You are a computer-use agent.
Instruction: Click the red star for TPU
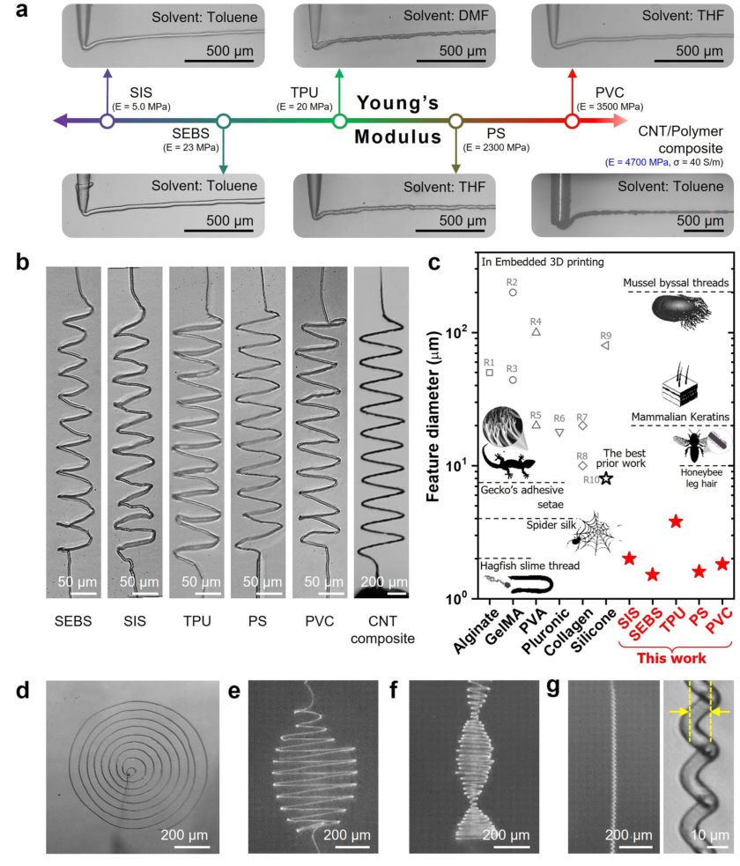(x=676, y=521)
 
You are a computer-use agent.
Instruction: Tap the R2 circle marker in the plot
(x=513, y=292)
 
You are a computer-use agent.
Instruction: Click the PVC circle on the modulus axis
(x=573, y=122)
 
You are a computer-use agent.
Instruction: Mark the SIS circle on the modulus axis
(x=107, y=122)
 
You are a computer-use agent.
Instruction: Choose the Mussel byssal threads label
(x=675, y=283)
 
